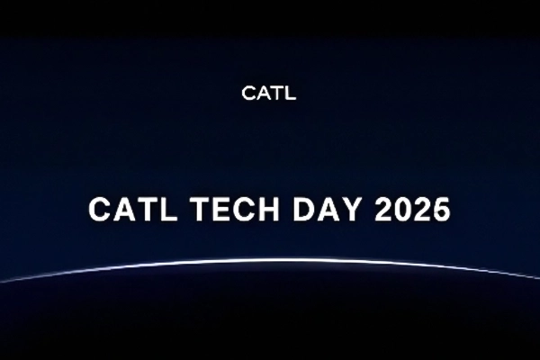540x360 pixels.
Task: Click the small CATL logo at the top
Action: pos(269,93)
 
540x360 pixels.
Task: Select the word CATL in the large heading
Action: pos(126,210)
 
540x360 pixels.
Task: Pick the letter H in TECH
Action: pos(256,210)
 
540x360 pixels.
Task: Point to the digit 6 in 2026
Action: pos(440,210)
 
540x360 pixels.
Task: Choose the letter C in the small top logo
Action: pos(249,93)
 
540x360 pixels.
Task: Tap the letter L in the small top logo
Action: pos(290,93)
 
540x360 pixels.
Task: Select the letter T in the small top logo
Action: pos(276,93)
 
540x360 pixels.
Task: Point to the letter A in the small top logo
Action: pos(263,93)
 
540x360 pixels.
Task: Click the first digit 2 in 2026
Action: pos(379,210)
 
